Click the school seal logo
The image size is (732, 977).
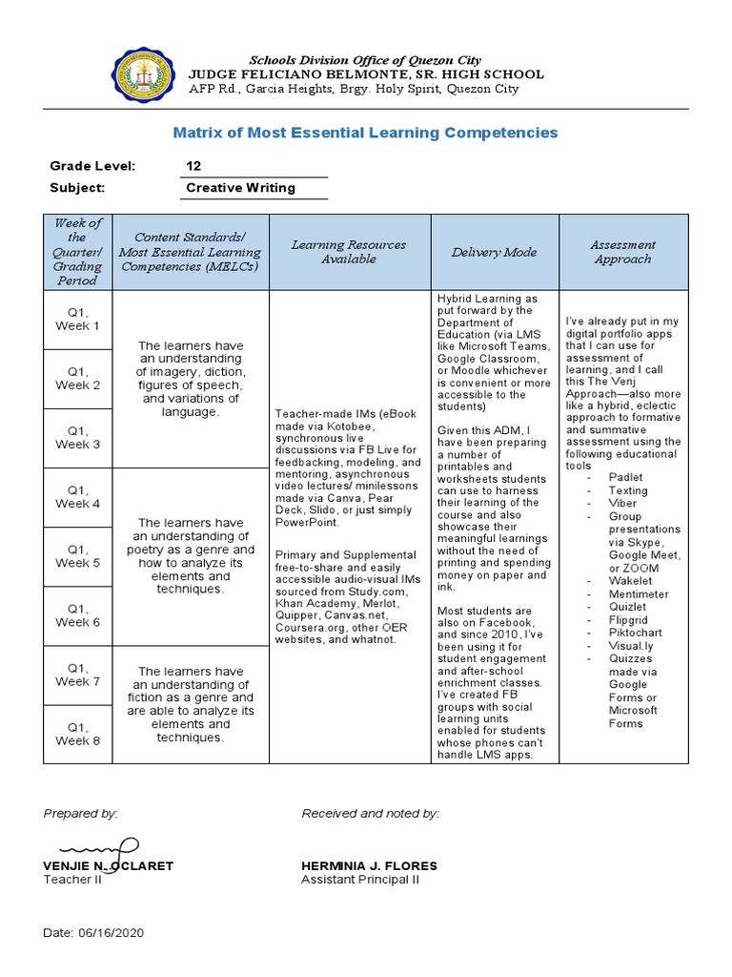[x=146, y=75]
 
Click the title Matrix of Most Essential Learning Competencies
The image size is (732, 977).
[x=365, y=133]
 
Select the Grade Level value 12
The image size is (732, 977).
[x=193, y=166]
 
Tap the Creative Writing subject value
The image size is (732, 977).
[x=240, y=188]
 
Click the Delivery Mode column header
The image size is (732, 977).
[x=494, y=252]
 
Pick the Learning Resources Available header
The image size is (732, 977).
[x=349, y=252]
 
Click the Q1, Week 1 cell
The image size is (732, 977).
[x=77, y=319]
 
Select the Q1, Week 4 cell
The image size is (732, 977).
[x=77, y=496]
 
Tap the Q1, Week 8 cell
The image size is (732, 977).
[x=77, y=733]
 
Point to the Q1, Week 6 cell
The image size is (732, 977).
[x=77, y=614]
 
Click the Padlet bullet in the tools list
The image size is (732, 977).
[x=625, y=477]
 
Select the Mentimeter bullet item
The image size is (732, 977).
[x=639, y=593]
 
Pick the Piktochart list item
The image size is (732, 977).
[x=635, y=632]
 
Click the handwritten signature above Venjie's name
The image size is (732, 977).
[x=98, y=847]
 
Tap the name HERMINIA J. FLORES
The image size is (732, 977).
[x=369, y=865]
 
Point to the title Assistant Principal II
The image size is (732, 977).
[x=359, y=879]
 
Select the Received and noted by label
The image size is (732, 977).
[x=370, y=813]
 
